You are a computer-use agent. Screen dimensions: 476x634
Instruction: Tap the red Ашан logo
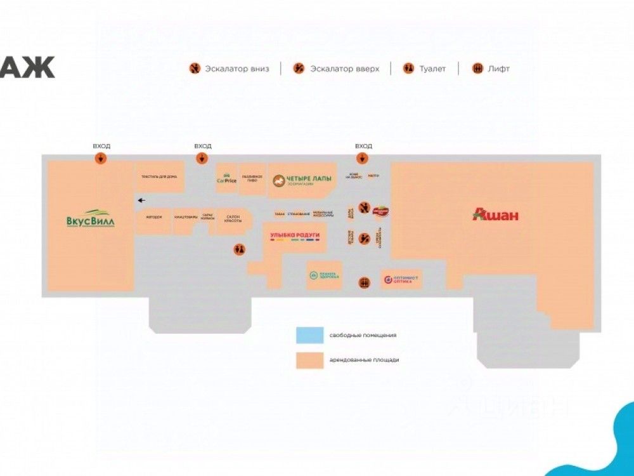[496, 215]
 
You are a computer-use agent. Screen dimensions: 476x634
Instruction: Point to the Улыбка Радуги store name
[295, 236]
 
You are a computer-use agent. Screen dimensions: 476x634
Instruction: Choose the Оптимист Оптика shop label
[402, 279]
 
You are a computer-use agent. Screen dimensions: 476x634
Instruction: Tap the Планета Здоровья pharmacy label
[324, 275]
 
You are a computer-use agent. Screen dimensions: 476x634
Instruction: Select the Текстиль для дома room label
[159, 177]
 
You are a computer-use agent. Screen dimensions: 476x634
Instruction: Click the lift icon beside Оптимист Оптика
[365, 282]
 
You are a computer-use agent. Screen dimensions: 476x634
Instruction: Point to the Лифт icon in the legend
[478, 69]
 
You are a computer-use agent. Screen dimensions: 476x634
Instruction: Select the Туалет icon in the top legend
[409, 69]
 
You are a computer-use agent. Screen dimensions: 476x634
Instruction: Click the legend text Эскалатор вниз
[236, 69]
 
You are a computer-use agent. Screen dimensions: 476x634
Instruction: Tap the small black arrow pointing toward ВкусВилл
[141, 201]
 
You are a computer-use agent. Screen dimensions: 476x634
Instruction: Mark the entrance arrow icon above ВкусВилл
[101, 158]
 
